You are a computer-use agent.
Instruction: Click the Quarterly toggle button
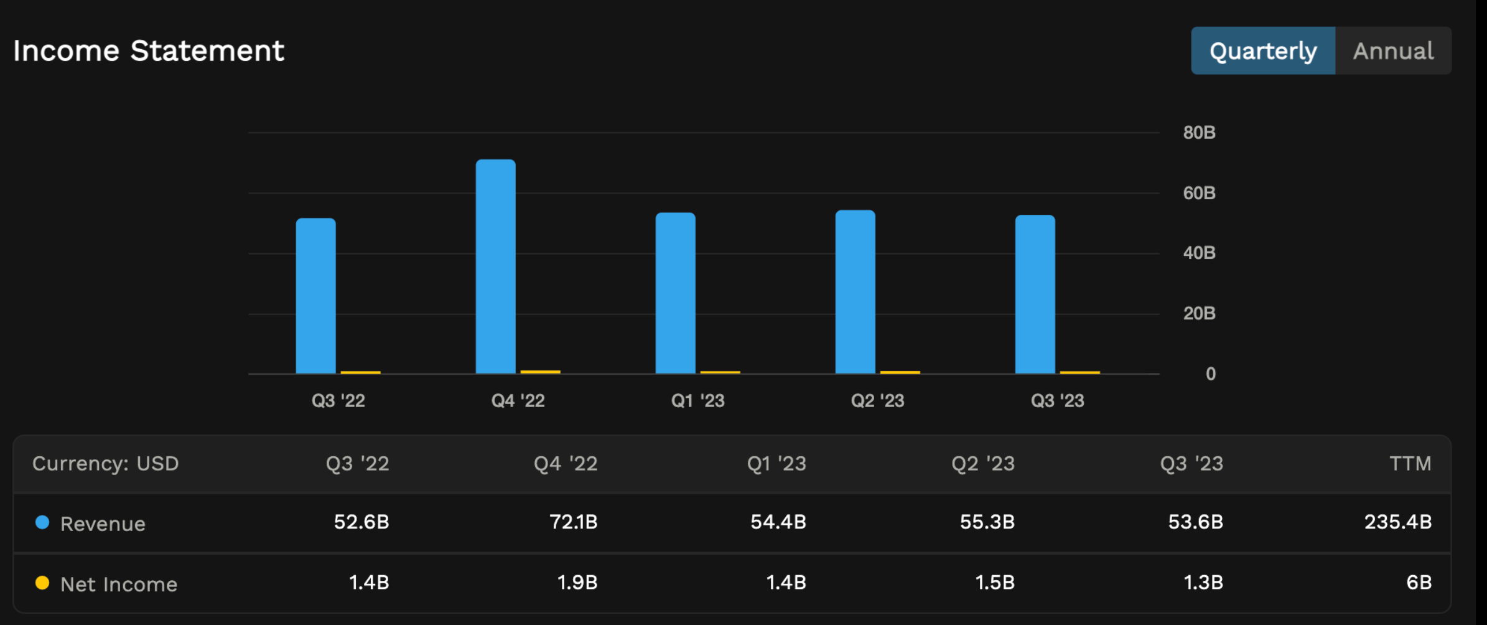[x=1262, y=51]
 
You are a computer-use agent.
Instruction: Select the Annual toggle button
[x=1393, y=51]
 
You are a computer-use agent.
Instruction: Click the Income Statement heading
[x=149, y=51]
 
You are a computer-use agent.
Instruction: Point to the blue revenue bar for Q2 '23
[x=855, y=292]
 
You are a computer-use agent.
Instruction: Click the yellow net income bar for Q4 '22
[x=540, y=372]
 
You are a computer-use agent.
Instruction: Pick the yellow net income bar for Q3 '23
[x=1079, y=372]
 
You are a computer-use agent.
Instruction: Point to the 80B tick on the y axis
[x=1199, y=133]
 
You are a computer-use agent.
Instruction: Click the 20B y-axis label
[x=1199, y=313]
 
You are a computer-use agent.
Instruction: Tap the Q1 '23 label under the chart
[x=697, y=400]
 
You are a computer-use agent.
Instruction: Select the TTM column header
[x=1410, y=464]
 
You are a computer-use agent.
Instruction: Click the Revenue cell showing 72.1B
[x=573, y=522]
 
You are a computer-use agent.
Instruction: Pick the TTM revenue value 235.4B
[x=1397, y=522]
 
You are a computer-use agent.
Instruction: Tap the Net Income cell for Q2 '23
[x=994, y=583]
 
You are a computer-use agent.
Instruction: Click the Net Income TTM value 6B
[x=1419, y=583]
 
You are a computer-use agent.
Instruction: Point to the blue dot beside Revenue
[x=42, y=522]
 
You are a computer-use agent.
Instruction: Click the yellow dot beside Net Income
[x=42, y=583]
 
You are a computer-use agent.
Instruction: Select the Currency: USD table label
[x=105, y=464]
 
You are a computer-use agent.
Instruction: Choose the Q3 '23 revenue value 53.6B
[x=1195, y=522]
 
